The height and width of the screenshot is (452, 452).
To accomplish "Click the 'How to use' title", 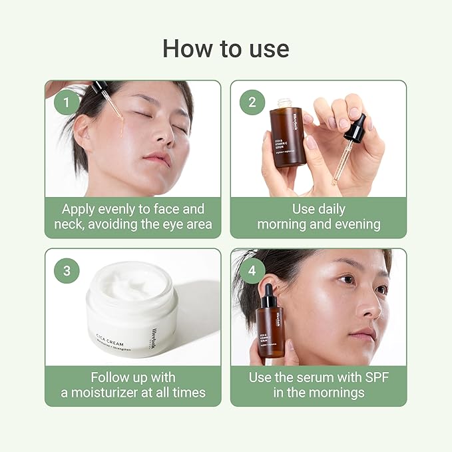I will coord(226,48).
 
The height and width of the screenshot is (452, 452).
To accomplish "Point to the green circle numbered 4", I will coord(252,270).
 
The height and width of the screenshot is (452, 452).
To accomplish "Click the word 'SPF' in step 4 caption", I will coord(374,377).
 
